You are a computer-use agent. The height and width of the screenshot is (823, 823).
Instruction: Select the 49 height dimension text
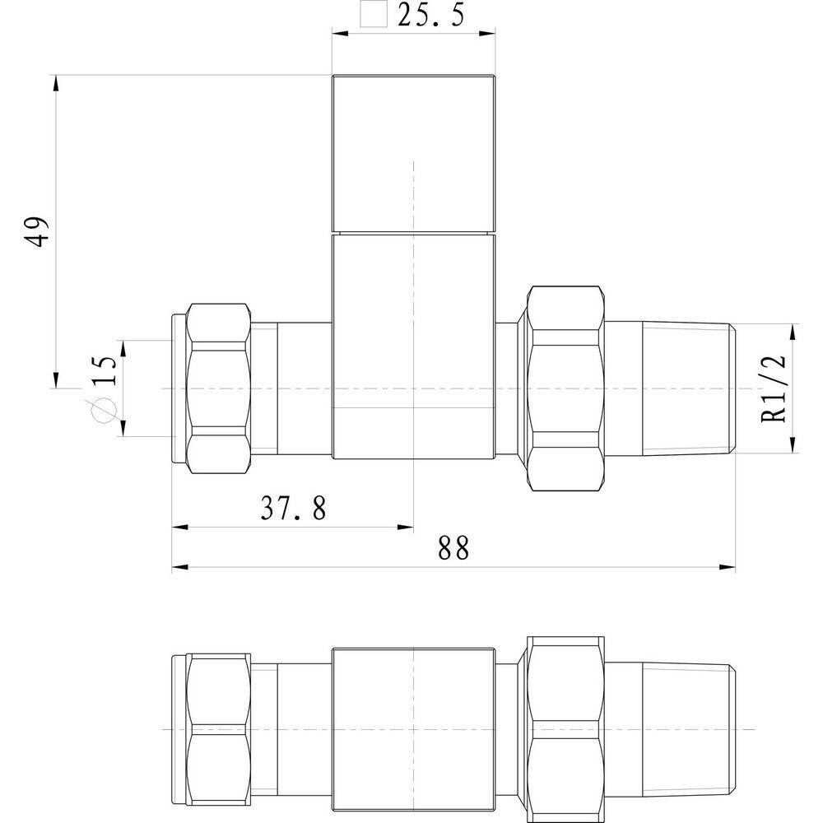pyautogui.click(x=38, y=231)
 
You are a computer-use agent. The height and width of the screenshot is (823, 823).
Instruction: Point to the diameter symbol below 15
pyautogui.click(x=104, y=410)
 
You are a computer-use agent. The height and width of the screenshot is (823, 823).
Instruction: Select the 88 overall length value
pyautogui.click(x=453, y=548)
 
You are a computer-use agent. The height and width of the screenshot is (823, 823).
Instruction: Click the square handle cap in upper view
pyautogui.click(x=414, y=154)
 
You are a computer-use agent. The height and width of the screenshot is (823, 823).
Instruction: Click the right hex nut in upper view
pyautogui.click(x=565, y=388)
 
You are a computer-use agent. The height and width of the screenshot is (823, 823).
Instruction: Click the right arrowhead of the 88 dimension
pyautogui.click(x=729, y=567)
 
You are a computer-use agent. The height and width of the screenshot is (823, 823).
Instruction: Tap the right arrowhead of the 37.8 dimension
pyautogui.click(x=406, y=528)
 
